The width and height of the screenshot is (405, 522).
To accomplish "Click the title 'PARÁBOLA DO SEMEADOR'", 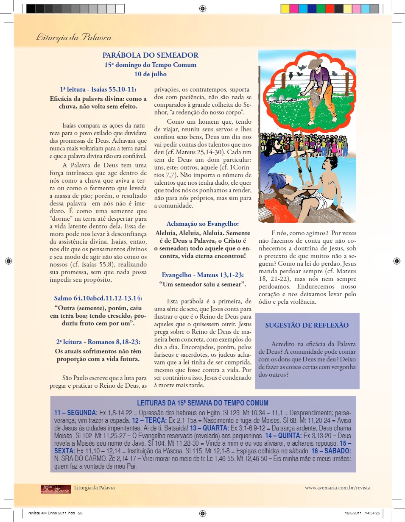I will (150, 55).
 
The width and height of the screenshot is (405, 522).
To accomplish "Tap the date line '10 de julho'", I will (150, 74).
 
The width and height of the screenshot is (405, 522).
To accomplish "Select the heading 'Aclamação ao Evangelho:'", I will (202, 224).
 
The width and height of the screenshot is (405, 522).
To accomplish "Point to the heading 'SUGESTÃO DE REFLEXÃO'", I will (307, 325).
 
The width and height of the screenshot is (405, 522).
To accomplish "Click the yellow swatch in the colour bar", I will (285, 8).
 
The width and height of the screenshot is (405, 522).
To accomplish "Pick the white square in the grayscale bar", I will (120, 8).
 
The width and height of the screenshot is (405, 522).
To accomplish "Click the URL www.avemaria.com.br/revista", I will (337, 488).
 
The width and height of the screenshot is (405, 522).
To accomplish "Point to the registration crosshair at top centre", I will (202, 8).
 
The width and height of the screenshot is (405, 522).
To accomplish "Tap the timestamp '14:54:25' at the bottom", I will (371, 513).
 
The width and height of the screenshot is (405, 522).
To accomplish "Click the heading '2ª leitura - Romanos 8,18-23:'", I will (98, 342).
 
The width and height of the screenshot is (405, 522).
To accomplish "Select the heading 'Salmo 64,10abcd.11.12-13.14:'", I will (98, 298).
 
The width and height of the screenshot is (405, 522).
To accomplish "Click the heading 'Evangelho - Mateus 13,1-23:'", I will (202, 275).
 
